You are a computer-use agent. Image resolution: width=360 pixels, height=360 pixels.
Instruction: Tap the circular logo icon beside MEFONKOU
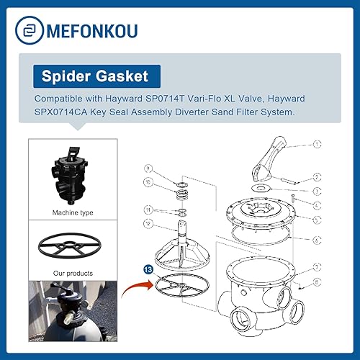point(27,31)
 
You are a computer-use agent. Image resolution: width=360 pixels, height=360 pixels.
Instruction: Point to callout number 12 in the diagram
point(148,223)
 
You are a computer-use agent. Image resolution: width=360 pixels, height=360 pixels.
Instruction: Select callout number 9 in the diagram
point(148,168)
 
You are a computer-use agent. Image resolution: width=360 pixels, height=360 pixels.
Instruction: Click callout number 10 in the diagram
point(148,183)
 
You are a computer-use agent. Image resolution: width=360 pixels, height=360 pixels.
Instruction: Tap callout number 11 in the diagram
point(148,210)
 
